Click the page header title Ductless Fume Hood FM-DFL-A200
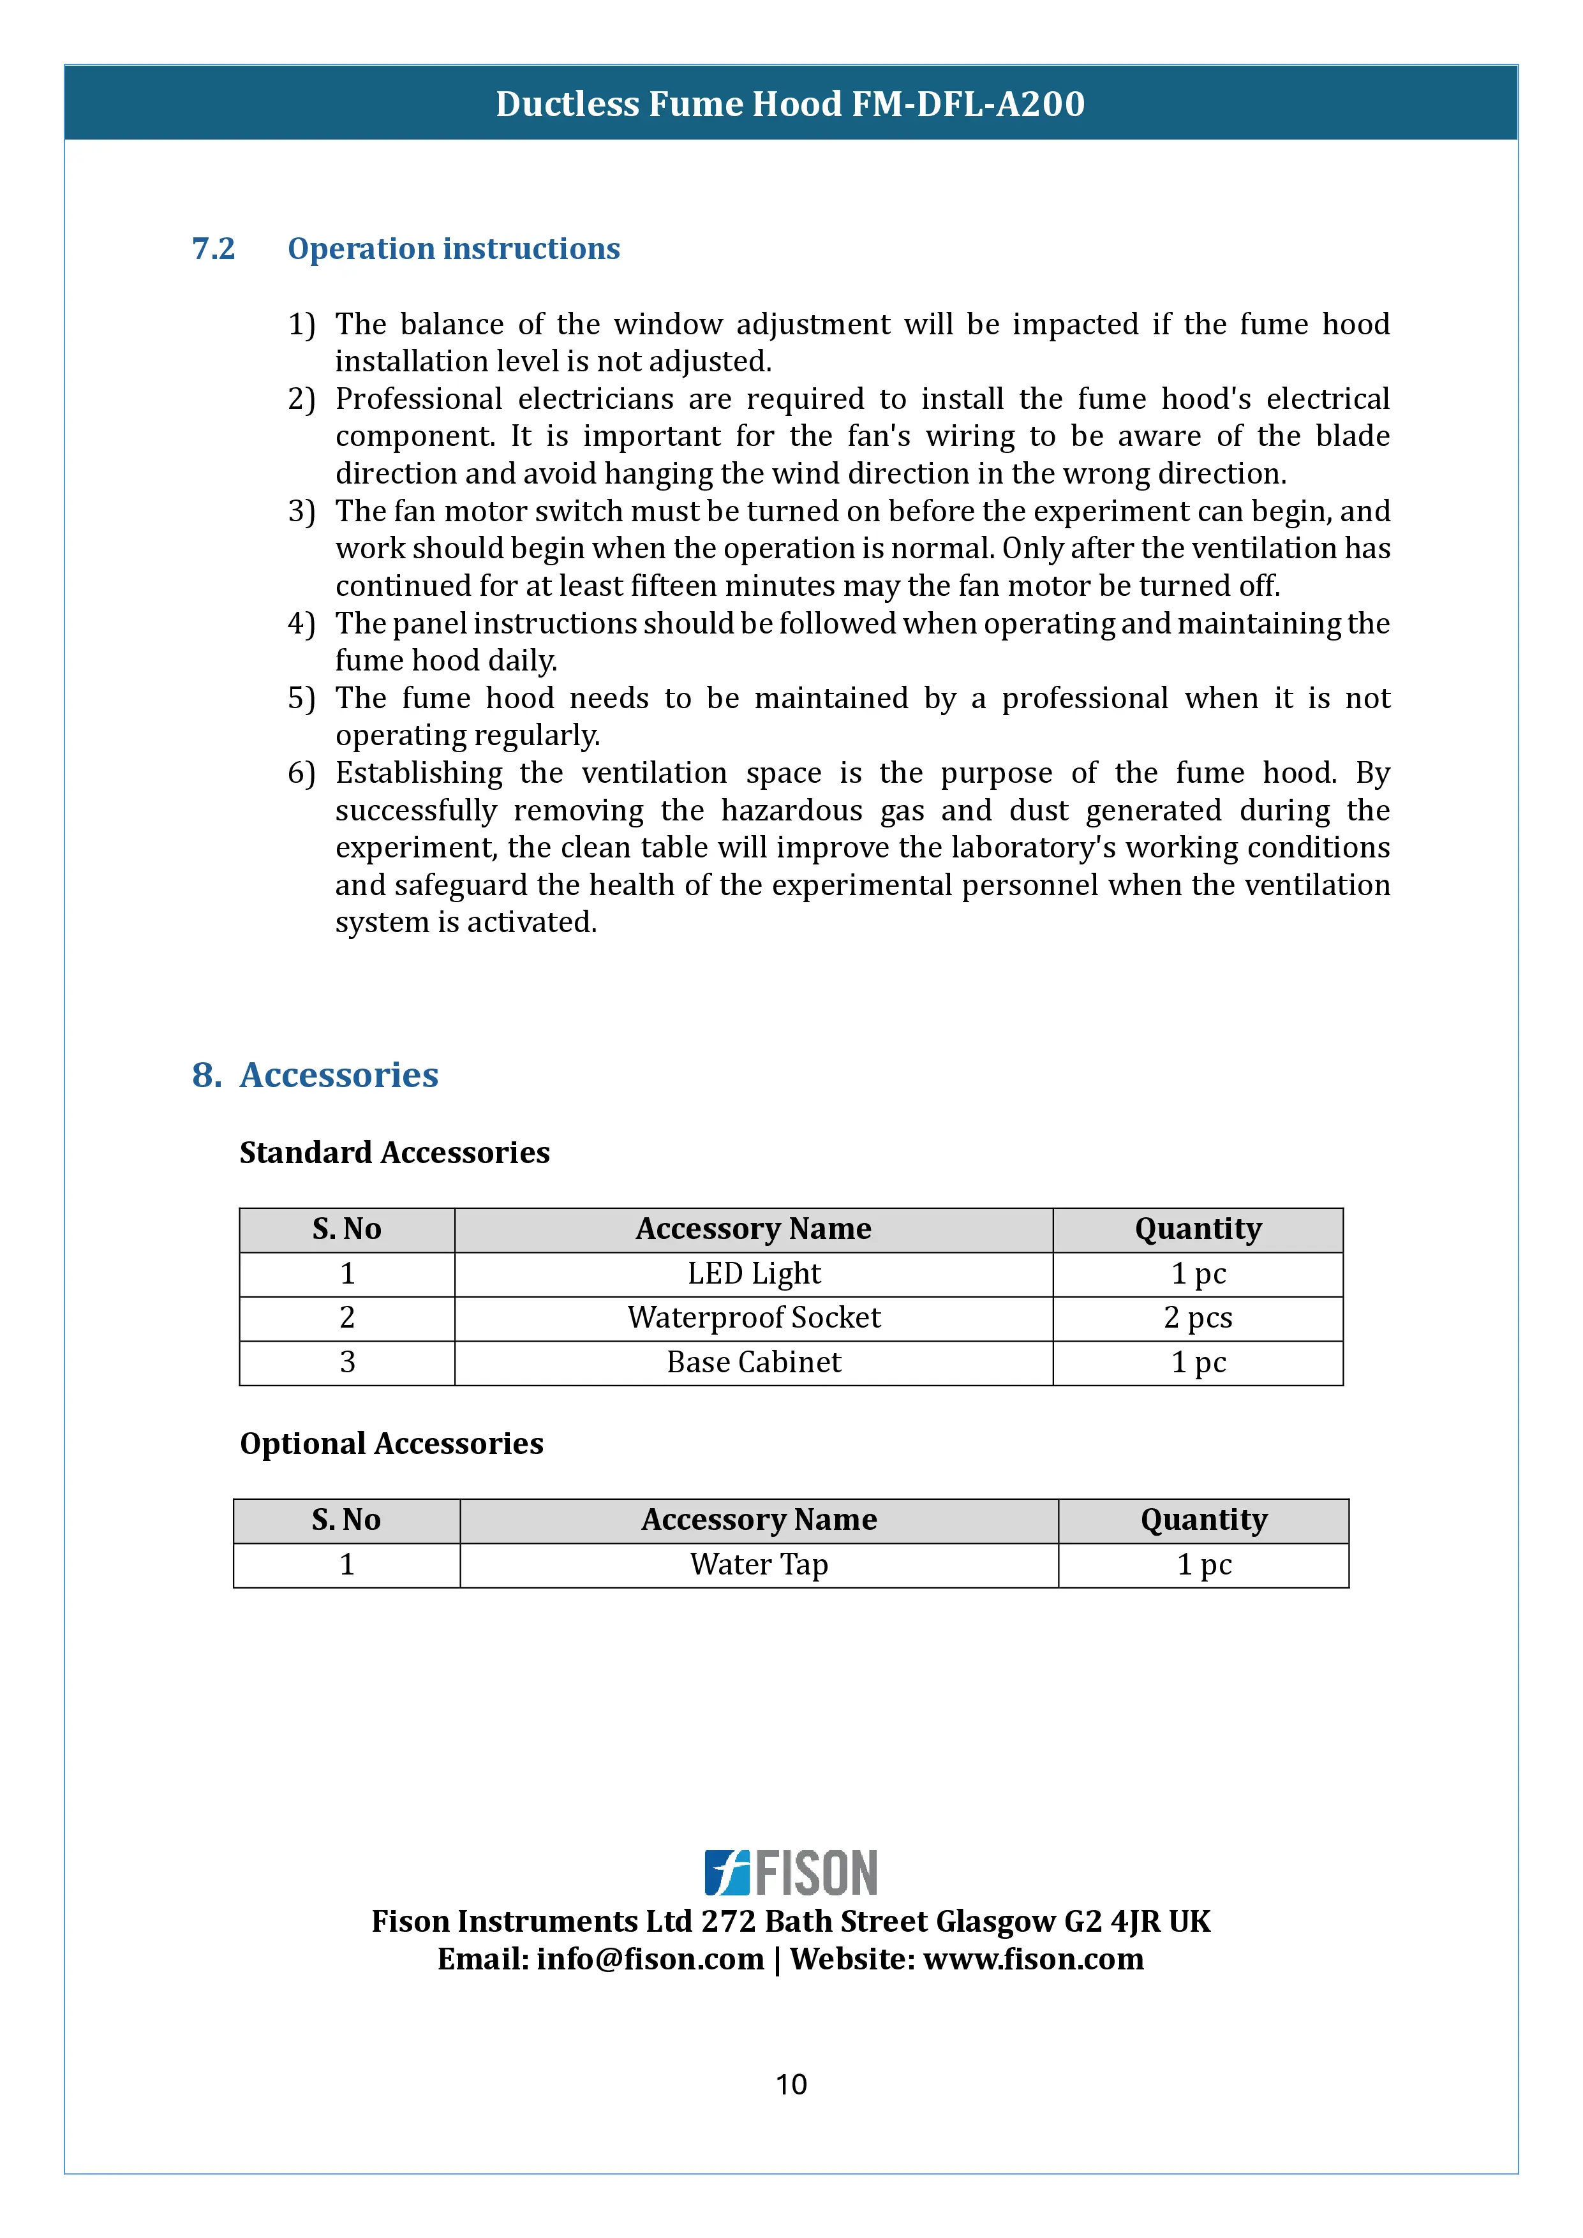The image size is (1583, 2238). coord(791,104)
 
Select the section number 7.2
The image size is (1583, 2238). coord(214,249)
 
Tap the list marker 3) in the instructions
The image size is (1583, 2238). coord(301,511)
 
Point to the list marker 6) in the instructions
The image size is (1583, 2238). coord(301,773)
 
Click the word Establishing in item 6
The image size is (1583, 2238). coord(419,773)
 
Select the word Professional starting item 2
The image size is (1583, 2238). coord(419,399)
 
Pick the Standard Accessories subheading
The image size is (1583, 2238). coord(395,1152)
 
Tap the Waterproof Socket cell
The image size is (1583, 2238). coord(754,1318)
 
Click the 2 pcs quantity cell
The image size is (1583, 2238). coord(1198,1318)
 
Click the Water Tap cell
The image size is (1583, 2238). coord(759,1564)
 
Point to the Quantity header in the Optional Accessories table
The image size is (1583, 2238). coord(1204,1520)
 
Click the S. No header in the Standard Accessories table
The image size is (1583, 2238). coord(347,1229)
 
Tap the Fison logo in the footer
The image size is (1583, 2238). coord(791,1872)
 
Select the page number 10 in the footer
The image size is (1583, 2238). coord(791,2084)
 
